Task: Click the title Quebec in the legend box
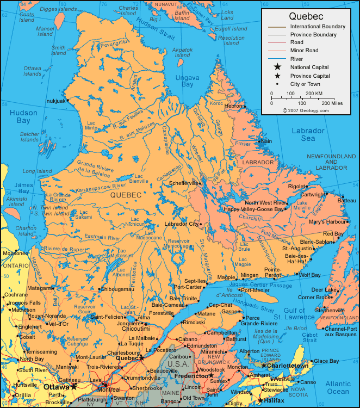click(306, 16)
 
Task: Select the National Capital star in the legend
click(277, 67)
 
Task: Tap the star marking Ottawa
click(74, 386)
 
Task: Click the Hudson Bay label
click(23, 116)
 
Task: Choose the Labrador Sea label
click(307, 134)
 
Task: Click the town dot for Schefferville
click(200, 183)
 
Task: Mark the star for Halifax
click(260, 400)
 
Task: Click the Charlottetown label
click(288, 366)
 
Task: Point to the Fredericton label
click(191, 376)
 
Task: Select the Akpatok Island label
click(182, 52)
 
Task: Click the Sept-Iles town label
click(195, 281)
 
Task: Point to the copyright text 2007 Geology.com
click(306, 110)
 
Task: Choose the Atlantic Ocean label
click(338, 387)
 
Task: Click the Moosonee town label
click(15, 254)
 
